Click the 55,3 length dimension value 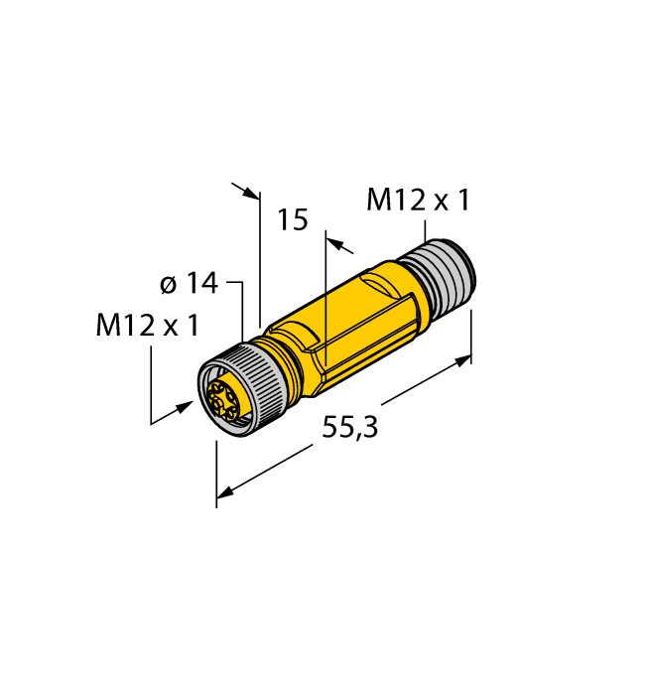click(x=351, y=429)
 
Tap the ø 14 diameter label click(x=188, y=284)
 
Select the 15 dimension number click(x=293, y=219)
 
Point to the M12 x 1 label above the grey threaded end click(x=417, y=201)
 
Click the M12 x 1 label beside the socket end click(x=147, y=326)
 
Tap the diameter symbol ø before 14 click(x=169, y=285)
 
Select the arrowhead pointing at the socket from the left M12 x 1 click(x=186, y=406)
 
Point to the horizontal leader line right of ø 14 click(x=235, y=283)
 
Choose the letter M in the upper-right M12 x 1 click(x=378, y=201)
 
